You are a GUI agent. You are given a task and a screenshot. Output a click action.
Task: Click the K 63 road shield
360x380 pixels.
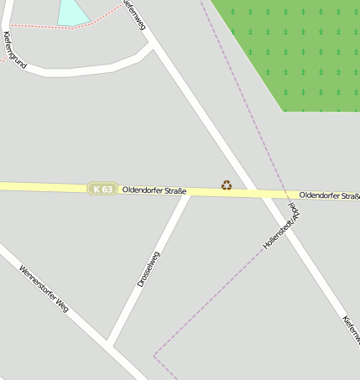[102, 190]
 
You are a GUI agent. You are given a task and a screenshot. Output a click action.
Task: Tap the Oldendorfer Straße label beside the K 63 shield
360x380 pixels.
[154, 190]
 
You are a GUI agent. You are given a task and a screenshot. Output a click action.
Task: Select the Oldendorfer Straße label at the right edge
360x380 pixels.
[330, 195]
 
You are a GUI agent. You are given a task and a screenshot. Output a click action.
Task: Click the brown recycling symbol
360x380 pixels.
[227, 185]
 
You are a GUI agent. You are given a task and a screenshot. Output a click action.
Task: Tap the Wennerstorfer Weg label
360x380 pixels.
[44, 289]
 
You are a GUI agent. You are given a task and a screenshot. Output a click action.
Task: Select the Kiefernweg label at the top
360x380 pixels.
[134, 14]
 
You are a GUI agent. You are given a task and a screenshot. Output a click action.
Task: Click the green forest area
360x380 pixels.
[294, 50]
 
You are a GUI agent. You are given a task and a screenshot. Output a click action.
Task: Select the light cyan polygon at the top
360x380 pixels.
[71, 12]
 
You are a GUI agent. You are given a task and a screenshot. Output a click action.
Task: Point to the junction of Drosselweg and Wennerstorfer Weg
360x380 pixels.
[111, 343]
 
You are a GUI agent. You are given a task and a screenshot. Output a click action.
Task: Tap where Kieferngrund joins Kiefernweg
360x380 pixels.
[152, 46]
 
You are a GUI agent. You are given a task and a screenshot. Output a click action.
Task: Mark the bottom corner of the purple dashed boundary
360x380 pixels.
[154, 356]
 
